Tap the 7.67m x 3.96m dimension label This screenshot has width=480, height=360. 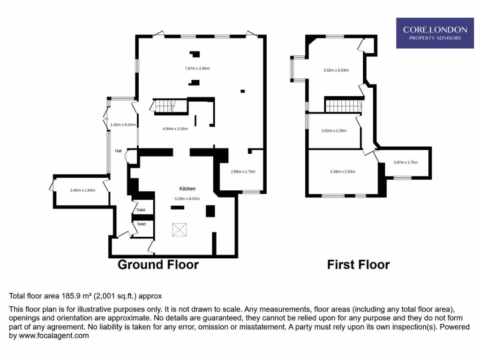click(197, 68)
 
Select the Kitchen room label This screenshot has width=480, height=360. click(187, 188)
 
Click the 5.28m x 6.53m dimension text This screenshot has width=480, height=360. click(187, 198)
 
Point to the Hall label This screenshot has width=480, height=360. click(119, 151)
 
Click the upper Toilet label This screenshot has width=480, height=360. click(141, 210)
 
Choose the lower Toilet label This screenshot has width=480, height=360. click(141, 224)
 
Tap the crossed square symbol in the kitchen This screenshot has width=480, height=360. click(180, 229)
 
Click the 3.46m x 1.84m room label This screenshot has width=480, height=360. click(82, 190)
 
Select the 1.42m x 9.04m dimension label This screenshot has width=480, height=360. click(123, 125)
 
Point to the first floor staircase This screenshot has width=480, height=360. click(343, 106)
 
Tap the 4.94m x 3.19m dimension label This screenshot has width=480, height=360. click(175, 128)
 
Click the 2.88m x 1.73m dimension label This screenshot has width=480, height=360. click(243, 172)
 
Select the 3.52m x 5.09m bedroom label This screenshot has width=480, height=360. click(336, 70)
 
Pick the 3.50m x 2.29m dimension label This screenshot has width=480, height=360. click(334, 131)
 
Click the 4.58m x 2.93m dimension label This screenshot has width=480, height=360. click(343, 172)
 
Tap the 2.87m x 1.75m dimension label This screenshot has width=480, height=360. click(405, 163)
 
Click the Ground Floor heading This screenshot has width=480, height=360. click(158, 265)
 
